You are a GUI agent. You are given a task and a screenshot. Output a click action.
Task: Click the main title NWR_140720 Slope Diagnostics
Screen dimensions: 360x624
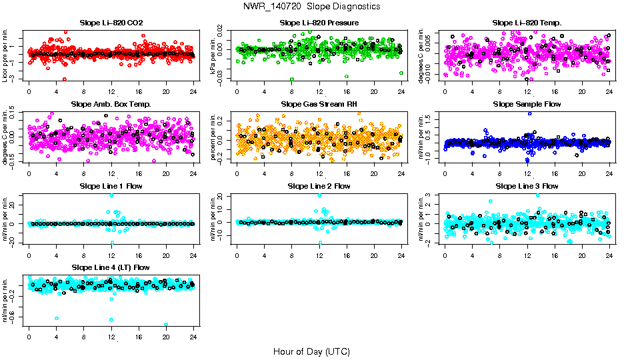coord(312,6)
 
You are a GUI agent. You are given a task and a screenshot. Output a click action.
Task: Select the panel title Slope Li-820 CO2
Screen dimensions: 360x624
coord(111,23)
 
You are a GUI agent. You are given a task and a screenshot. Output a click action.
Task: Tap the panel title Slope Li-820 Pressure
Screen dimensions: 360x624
coord(319,23)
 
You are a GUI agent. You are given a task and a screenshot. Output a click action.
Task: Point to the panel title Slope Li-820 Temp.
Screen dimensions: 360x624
coord(527,23)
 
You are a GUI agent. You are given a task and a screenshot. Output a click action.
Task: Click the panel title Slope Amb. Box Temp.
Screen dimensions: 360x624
coord(111,104)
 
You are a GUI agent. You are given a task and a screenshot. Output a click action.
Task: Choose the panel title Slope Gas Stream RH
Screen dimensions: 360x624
coord(319,104)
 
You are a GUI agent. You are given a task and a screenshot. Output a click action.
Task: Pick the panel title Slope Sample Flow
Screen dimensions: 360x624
coord(527,104)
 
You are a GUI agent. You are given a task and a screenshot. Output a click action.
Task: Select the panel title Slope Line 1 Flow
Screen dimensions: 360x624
coord(111,186)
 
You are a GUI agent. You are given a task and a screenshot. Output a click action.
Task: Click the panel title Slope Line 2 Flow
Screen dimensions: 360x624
coord(319,186)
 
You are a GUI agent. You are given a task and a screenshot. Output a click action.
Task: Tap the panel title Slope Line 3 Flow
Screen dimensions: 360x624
coord(527,186)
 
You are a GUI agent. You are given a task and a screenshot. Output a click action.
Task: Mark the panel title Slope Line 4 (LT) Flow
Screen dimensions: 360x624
coord(111,267)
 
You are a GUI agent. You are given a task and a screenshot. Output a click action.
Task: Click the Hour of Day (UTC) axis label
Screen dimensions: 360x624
coord(311,351)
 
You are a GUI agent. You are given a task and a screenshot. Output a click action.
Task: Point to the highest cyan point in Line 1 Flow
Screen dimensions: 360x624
coord(111,195)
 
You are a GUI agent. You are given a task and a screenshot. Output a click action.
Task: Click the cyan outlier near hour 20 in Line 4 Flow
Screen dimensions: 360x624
coord(166,325)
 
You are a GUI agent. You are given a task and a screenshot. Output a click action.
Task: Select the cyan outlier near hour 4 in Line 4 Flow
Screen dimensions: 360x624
coord(57,319)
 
